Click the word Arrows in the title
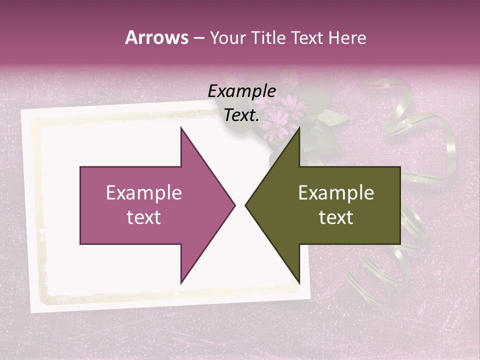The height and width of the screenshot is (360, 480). [156, 37]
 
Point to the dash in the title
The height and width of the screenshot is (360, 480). [198, 38]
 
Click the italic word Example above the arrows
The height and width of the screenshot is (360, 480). [241, 91]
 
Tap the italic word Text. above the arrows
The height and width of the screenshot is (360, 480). [241, 115]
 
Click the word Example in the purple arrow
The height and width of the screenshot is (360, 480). [143, 193]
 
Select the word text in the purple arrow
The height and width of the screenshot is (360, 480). [143, 217]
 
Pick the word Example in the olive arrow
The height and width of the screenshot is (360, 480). [336, 193]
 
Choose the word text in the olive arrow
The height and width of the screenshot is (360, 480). [336, 217]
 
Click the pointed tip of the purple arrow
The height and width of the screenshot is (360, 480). [234, 205]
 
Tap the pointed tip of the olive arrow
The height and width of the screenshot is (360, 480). [246, 205]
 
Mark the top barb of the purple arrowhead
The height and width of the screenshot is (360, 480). [181, 129]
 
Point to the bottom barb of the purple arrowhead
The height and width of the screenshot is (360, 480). [181, 282]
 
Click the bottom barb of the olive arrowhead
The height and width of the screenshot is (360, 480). [298, 282]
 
